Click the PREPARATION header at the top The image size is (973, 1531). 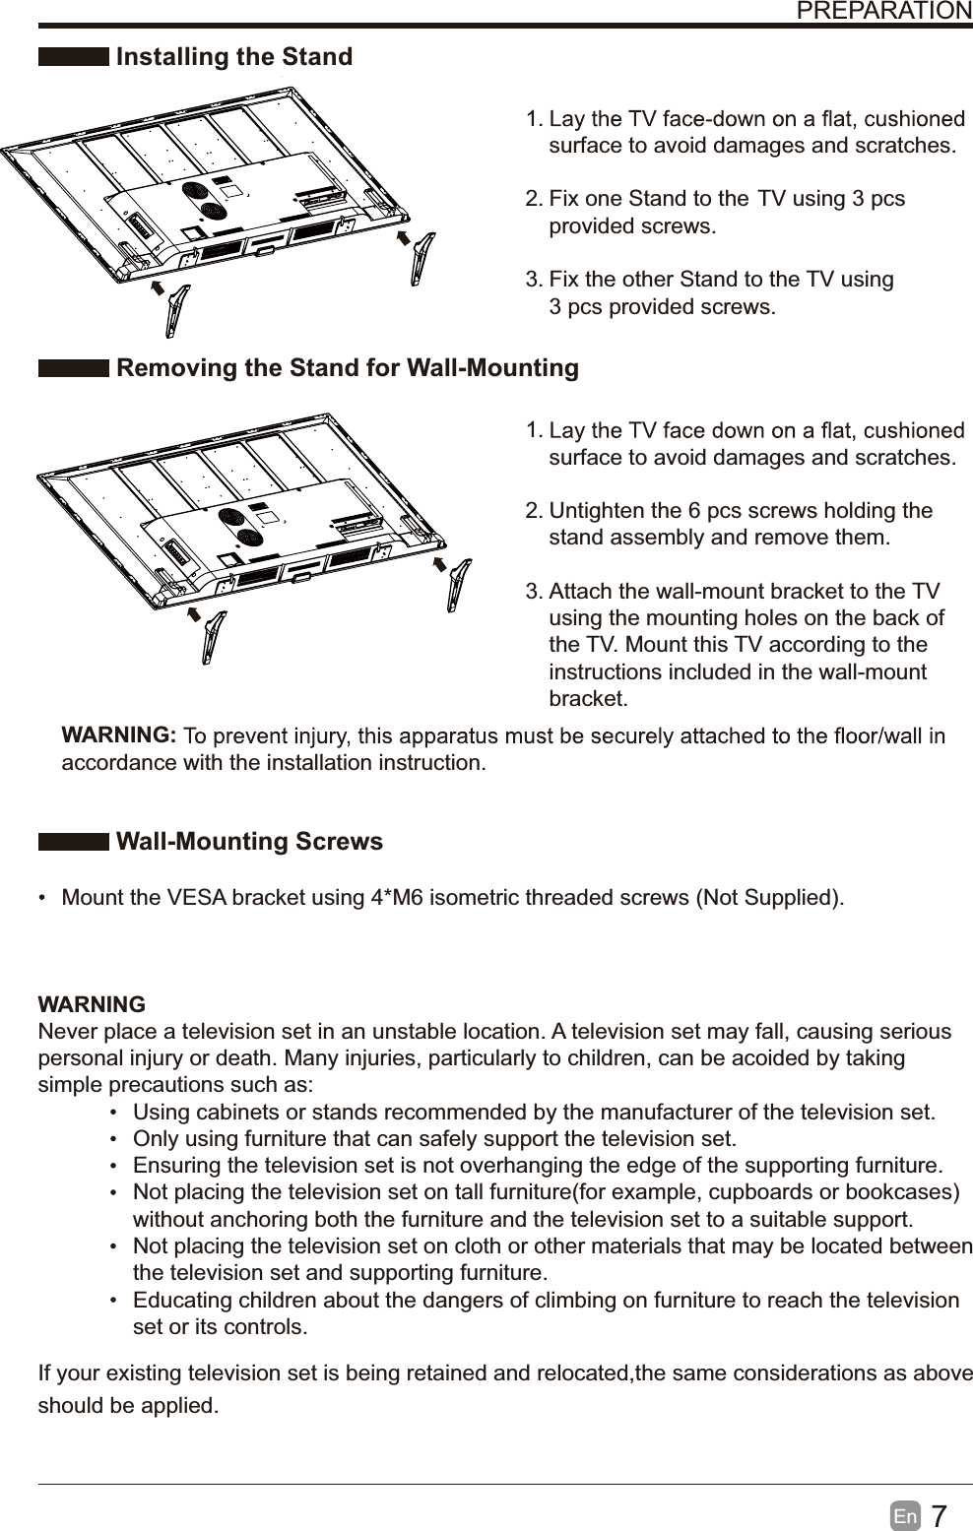[882, 11]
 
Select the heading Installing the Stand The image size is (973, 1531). [233, 57]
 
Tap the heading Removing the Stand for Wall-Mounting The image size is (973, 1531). [347, 368]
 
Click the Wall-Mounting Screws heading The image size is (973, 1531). [249, 842]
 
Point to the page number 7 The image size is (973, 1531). [939, 1516]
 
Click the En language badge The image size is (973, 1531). [906, 1517]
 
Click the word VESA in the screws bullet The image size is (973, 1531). [196, 899]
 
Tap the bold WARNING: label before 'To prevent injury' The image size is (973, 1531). [119, 735]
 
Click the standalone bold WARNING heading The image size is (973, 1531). [92, 1005]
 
